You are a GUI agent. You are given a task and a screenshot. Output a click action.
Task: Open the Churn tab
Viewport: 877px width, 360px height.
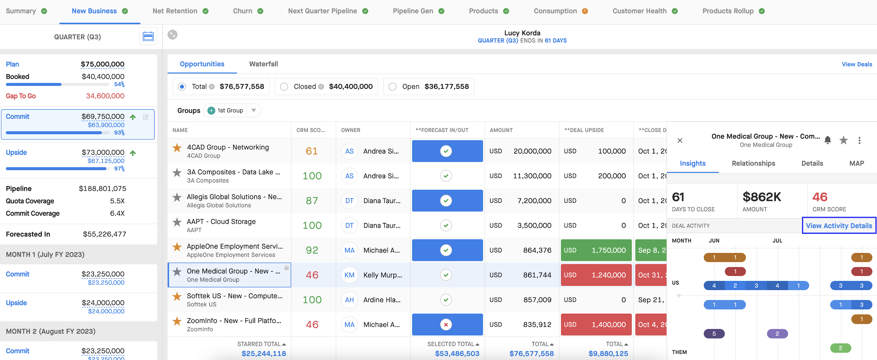(242, 11)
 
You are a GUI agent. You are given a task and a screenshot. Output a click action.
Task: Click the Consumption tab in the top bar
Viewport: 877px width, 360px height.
(555, 11)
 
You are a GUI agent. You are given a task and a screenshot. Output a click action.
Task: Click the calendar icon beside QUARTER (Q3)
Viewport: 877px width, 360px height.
(148, 36)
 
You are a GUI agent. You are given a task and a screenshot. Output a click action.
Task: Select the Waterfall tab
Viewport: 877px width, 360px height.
(263, 64)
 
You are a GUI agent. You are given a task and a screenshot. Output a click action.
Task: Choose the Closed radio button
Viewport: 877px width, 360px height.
(284, 87)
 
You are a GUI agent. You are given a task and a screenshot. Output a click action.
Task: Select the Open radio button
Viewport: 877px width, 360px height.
(392, 87)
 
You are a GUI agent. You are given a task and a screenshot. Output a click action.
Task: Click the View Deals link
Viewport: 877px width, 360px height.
(857, 64)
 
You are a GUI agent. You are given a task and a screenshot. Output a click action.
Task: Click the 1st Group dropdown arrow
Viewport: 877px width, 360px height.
(253, 111)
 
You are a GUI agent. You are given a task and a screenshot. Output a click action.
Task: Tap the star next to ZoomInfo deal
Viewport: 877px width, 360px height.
(177, 321)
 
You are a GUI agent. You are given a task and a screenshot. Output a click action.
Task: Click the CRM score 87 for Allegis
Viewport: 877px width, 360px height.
(312, 201)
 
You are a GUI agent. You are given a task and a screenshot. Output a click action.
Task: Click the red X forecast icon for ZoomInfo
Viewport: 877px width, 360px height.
(446, 325)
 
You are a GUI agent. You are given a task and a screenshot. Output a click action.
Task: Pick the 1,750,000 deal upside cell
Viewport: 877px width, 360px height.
(596, 250)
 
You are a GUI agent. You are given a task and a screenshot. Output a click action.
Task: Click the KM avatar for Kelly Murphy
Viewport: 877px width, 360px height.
(349, 275)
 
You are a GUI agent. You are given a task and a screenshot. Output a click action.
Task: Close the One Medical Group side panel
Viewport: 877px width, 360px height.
(679, 140)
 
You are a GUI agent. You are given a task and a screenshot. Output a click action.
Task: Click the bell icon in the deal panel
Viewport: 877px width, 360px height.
(828, 140)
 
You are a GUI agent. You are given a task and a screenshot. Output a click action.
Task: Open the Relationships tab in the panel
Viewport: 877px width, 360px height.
(753, 163)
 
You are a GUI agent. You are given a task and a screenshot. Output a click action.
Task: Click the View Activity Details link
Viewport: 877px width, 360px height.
(839, 226)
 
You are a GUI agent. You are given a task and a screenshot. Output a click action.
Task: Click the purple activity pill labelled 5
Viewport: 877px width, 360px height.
(714, 334)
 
